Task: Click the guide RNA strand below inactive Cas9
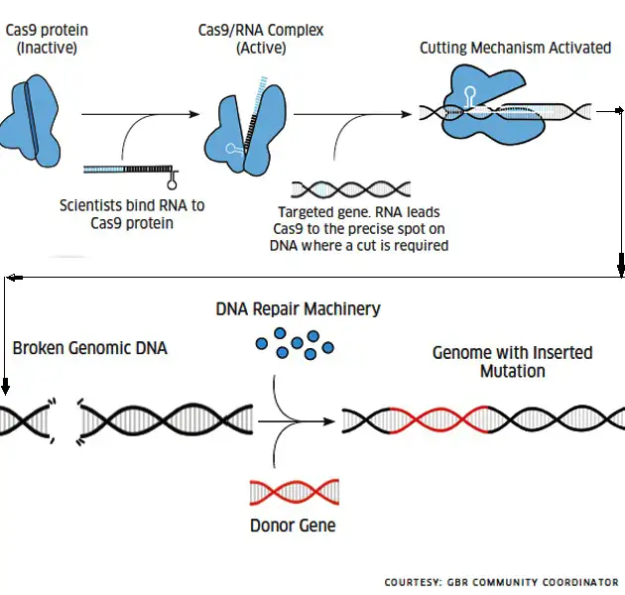[129, 171]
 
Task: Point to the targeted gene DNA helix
[352, 188]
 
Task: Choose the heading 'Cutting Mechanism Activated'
[515, 48]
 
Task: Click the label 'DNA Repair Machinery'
[298, 309]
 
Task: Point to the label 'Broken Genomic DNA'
[90, 348]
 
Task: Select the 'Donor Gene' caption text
[293, 525]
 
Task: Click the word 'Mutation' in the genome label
[512, 371]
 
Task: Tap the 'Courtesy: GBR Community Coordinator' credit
[501, 582]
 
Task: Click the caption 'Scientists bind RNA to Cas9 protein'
[131, 214]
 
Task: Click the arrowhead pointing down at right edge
[621, 266]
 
